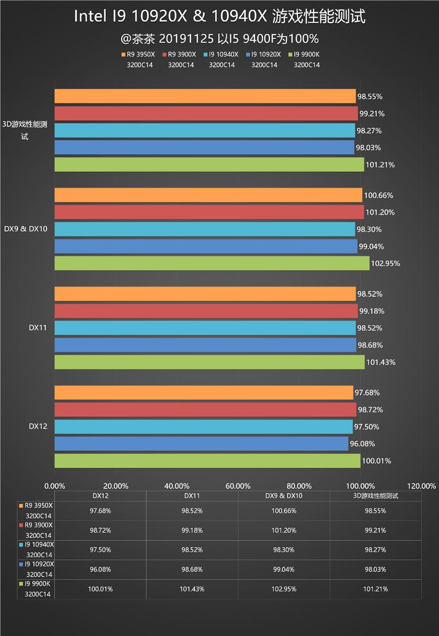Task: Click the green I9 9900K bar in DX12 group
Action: point(207,461)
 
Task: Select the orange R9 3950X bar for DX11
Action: point(205,294)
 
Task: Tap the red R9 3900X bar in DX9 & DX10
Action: point(209,212)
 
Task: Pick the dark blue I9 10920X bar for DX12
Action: point(201,444)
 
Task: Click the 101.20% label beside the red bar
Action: point(379,213)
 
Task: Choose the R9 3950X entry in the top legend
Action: point(139,55)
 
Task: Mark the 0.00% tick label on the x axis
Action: point(54,486)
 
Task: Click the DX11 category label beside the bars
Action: point(37,328)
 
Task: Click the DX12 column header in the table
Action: point(100,495)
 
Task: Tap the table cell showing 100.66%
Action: point(284,511)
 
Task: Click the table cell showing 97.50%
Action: point(100,550)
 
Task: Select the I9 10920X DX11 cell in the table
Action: point(192,570)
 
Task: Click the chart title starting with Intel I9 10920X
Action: point(219,18)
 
